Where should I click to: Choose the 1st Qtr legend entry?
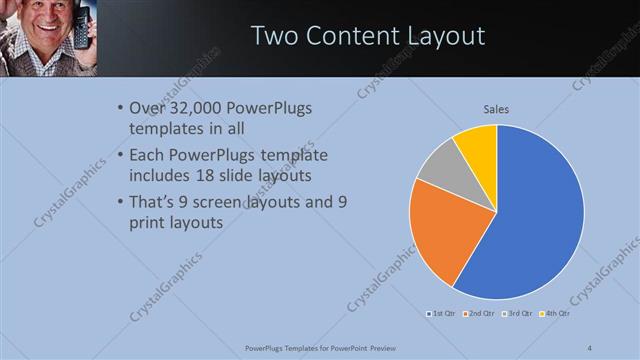442,314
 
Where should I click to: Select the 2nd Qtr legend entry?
480,314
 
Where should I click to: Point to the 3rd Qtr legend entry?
518,314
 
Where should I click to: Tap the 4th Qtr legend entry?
555,314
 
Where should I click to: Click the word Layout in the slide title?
443,36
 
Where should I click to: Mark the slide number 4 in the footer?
590,347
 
